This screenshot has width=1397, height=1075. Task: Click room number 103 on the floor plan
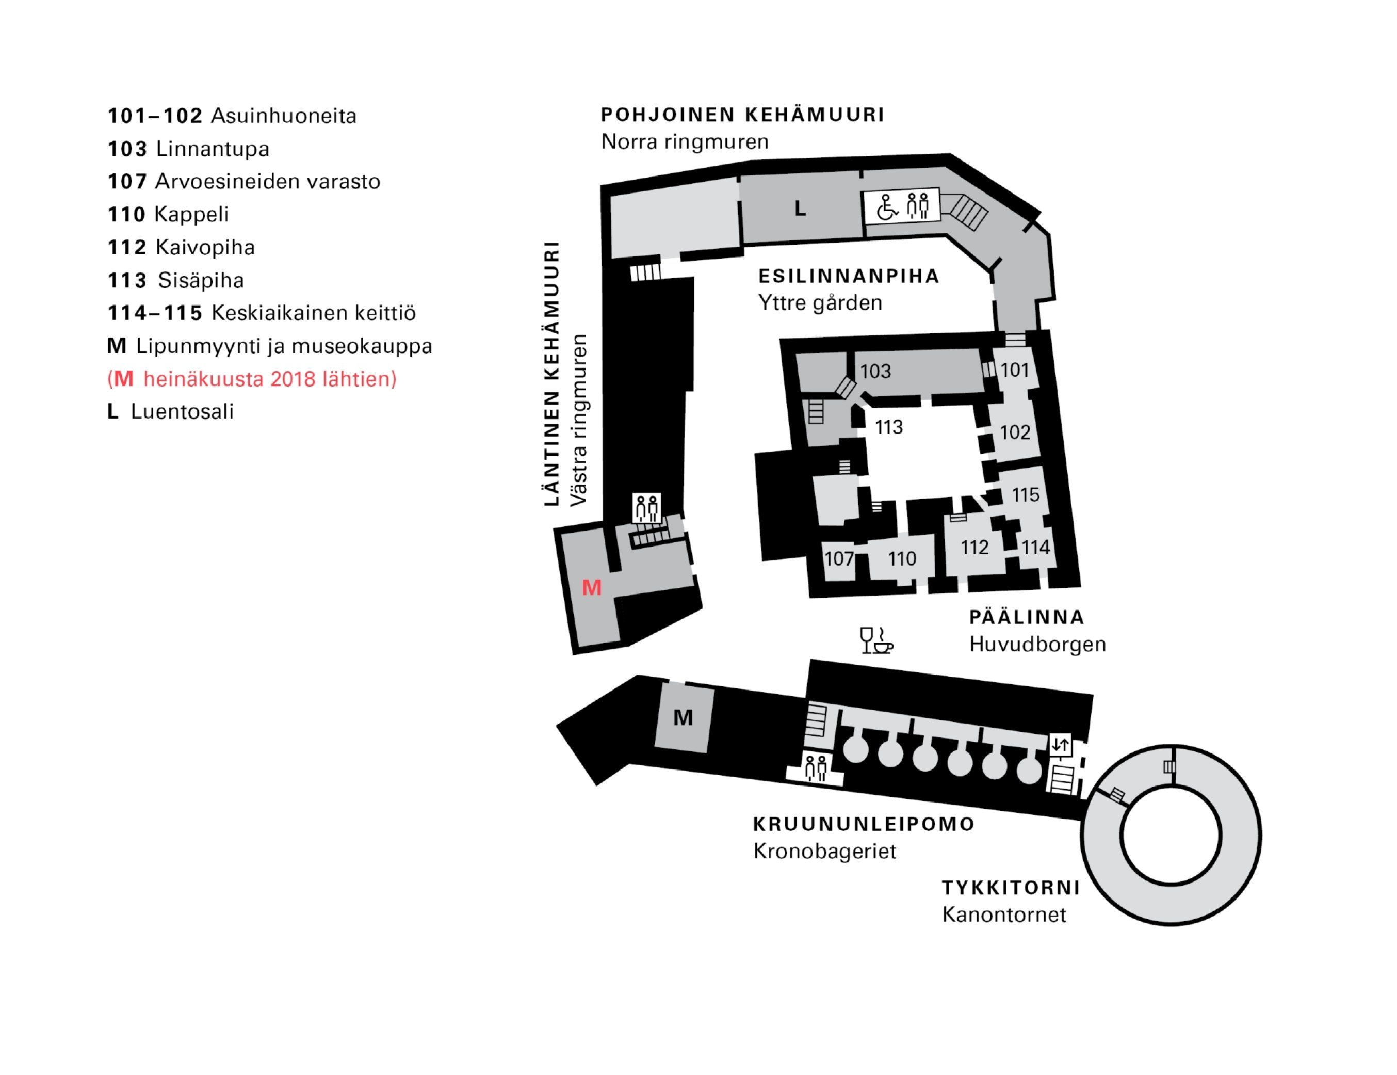875,371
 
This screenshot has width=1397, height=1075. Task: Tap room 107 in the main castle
839,558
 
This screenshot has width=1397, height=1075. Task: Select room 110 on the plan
902,558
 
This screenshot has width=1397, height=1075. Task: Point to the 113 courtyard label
888,427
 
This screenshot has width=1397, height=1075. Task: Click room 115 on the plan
1026,494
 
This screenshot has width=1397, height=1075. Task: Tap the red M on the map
592,587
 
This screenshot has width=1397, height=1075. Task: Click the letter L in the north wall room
800,208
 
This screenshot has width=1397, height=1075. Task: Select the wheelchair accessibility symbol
887,206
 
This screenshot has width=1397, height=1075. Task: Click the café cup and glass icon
876,640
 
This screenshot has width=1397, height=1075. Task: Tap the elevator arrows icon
1061,744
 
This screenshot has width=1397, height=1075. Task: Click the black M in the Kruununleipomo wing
683,717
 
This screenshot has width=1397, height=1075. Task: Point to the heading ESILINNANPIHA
849,277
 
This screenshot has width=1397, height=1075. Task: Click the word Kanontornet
1003,914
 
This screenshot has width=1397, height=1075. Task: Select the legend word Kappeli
192,214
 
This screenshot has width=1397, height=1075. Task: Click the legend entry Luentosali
182,411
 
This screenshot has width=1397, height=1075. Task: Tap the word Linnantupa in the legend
213,149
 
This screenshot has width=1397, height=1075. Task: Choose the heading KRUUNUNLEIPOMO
864,824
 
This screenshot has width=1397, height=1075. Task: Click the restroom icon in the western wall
647,508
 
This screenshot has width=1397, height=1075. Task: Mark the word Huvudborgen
1037,645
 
